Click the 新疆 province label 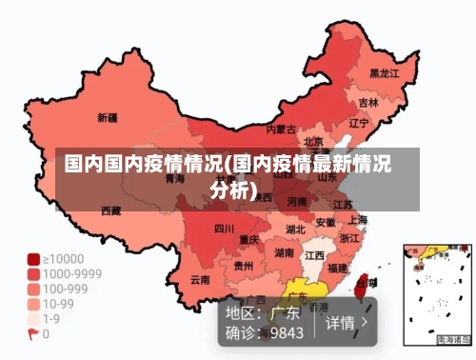[108, 119]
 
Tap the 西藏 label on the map [111, 210]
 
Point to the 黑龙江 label [384, 72]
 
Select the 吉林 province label [368, 102]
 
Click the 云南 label [200, 279]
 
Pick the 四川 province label [224, 229]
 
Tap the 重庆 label [249, 239]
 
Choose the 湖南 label [284, 253]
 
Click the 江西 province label [314, 255]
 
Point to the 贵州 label [244, 266]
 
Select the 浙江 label [349, 239]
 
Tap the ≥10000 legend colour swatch [33, 259]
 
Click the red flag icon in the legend [33, 333]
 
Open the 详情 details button [348, 322]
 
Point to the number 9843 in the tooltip [287, 333]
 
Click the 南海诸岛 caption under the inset [454, 340]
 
